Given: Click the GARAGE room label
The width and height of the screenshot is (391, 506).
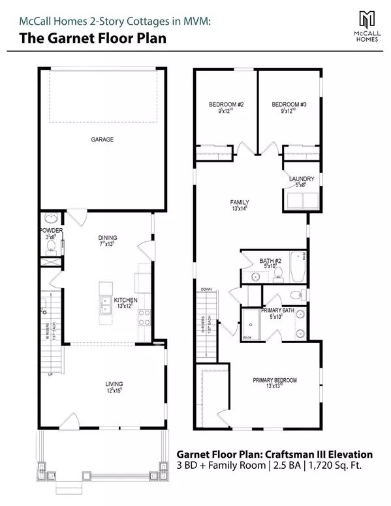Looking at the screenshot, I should tap(102, 140).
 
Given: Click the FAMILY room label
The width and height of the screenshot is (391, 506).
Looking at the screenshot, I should tap(240, 202).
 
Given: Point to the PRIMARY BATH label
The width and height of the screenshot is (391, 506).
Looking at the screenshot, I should tap(279, 310).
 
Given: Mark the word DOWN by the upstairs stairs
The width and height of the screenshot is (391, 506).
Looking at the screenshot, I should tap(206, 289).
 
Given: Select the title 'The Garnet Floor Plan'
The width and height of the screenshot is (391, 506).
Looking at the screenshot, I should tap(92, 38).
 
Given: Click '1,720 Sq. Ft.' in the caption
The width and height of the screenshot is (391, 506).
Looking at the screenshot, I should tap(347, 466).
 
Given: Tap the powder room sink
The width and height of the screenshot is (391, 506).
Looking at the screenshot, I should tap(52, 220).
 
